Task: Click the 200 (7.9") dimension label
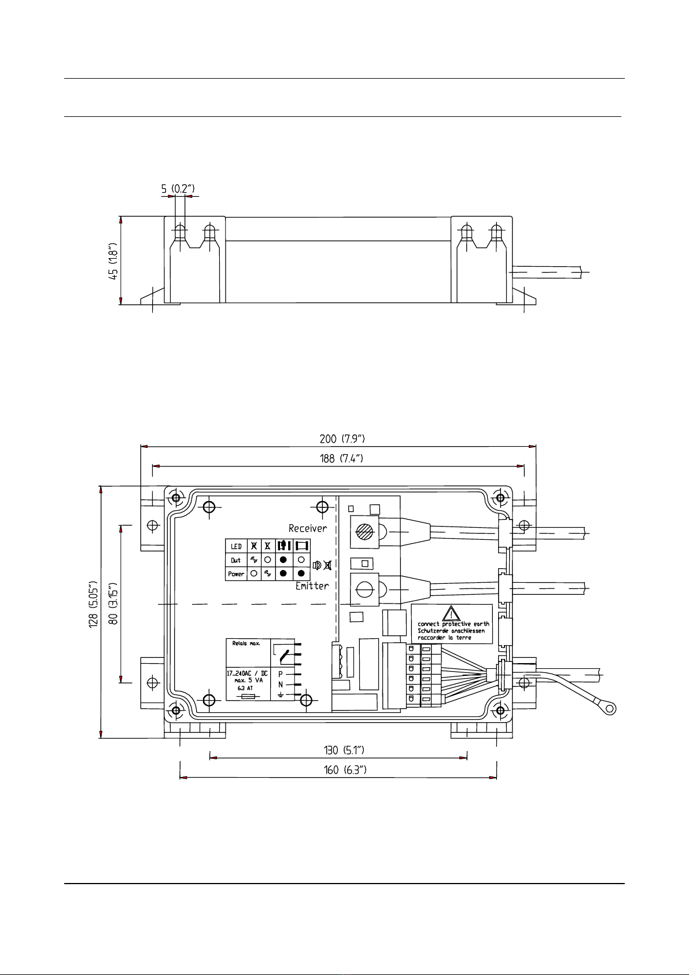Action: (342, 439)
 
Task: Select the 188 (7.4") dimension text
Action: (341, 458)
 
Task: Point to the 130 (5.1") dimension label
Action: (344, 750)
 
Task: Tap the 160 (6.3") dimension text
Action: (345, 770)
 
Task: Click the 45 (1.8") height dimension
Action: (113, 261)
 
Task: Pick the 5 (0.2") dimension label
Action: (178, 189)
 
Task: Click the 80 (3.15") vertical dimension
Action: (113, 604)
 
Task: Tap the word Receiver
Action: (308, 528)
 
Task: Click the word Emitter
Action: (312, 586)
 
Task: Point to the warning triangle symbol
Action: (451, 613)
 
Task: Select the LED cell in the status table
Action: (236, 546)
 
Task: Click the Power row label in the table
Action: (236, 574)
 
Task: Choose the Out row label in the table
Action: (236, 560)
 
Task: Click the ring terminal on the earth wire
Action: (611, 709)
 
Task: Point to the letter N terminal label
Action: (281, 685)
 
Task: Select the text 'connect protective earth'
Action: (453, 624)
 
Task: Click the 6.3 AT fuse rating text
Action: (245, 689)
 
